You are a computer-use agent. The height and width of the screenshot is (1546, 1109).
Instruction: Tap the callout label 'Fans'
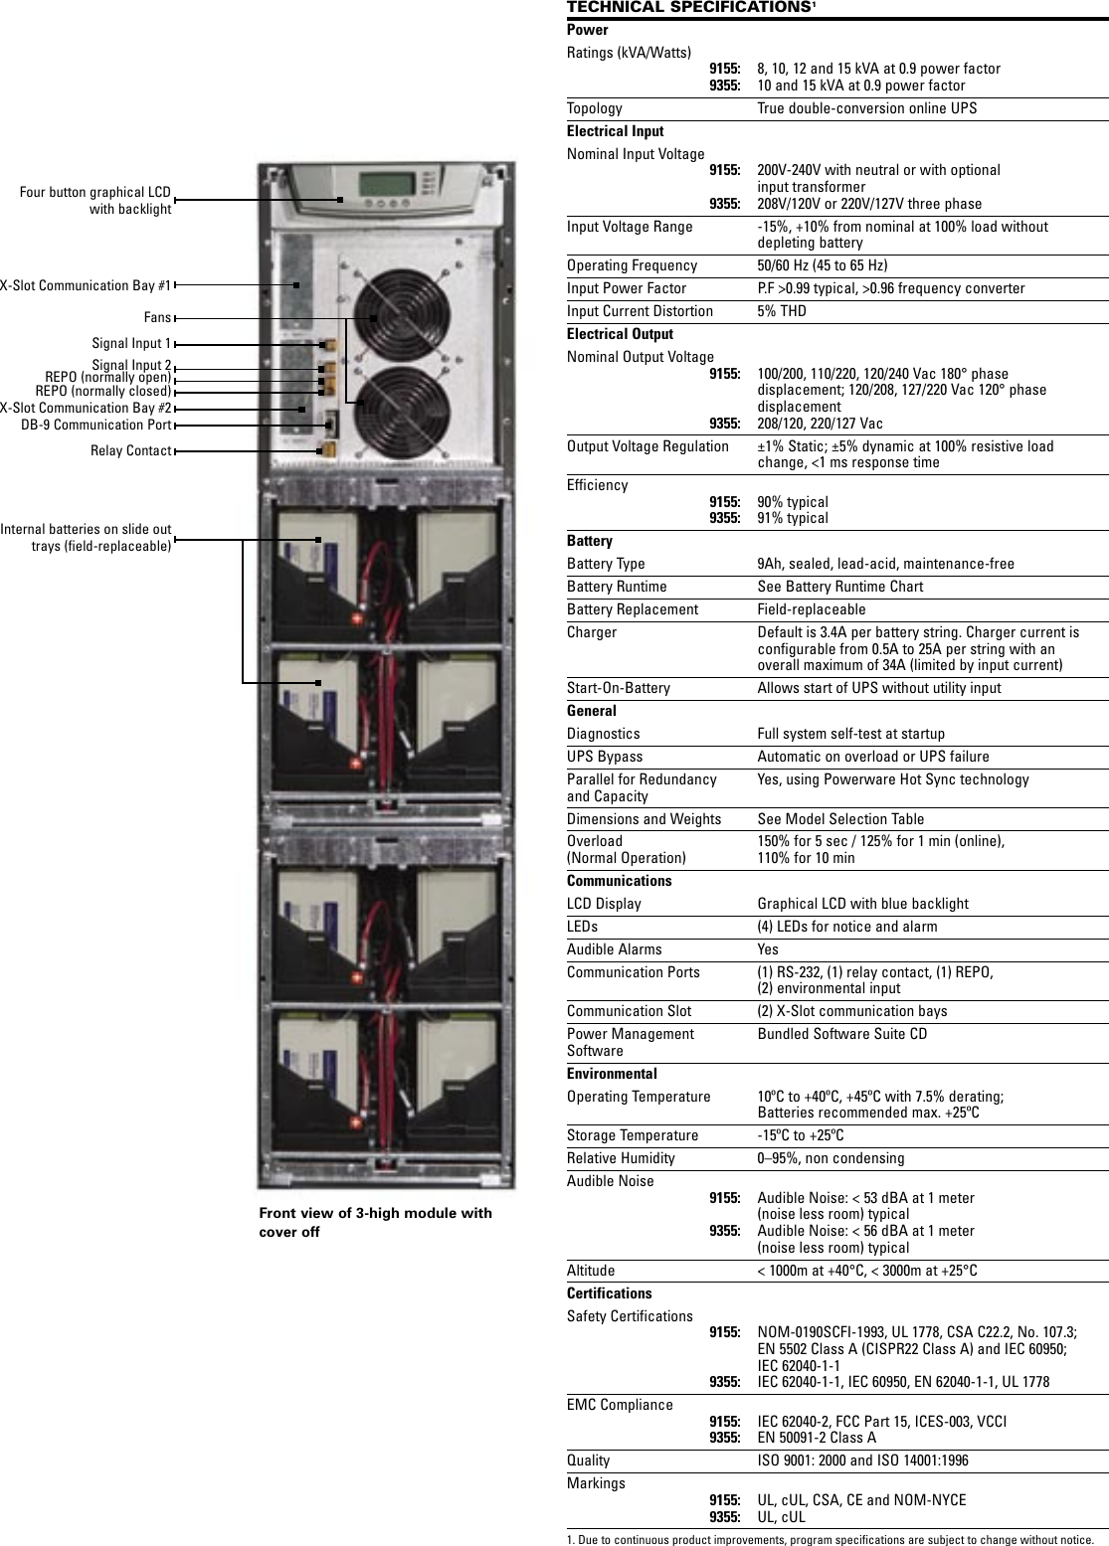coord(157,318)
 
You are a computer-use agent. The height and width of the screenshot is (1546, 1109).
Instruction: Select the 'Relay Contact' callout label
coord(130,451)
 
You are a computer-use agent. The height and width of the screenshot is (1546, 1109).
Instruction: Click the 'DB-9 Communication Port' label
coord(96,426)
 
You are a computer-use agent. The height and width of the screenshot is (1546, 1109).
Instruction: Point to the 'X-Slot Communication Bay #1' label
coord(86,286)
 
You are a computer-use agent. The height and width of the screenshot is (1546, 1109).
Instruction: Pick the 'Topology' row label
coord(595,108)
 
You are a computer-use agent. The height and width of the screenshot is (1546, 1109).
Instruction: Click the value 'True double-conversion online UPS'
coord(866,108)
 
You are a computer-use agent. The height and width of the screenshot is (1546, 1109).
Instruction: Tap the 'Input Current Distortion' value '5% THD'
coord(782,311)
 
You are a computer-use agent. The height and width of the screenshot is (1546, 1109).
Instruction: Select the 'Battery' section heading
coord(590,541)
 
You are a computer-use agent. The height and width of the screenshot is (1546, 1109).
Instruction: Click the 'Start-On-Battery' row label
coord(619,688)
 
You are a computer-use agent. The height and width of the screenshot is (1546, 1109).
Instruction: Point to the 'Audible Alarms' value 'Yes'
coord(768,949)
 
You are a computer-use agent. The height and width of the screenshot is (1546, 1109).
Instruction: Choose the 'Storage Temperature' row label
coord(633,1135)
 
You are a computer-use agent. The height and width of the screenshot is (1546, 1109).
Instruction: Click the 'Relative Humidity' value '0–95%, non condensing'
coord(831,1158)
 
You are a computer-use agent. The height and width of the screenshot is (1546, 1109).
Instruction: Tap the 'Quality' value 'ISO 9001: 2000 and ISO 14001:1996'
coord(862,1460)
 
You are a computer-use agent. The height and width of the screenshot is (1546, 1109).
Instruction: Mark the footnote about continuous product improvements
coord(830,1539)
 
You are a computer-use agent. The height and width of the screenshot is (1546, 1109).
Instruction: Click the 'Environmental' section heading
coord(612,1074)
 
